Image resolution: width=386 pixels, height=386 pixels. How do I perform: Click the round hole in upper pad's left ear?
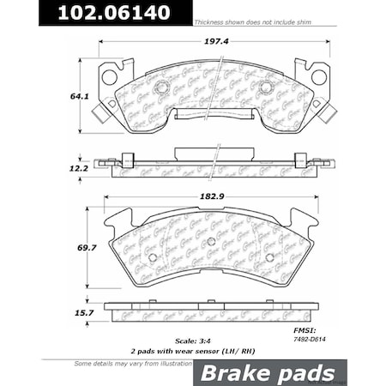(x=109, y=77)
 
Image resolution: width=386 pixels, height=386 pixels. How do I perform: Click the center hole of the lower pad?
(x=211, y=240)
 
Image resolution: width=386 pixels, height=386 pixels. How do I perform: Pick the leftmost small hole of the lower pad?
(x=152, y=256)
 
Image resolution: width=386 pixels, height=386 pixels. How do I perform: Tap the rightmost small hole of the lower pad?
(x=269, y=256)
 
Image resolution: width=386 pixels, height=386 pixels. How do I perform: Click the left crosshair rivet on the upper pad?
(x=158, y=87)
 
